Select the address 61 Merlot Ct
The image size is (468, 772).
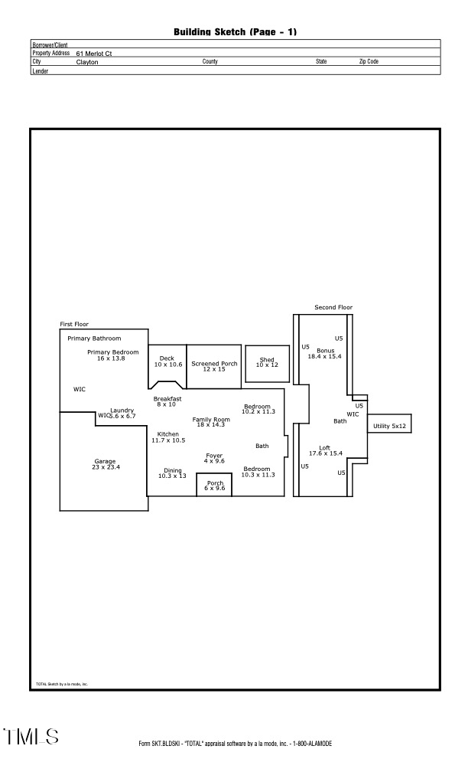[94, 54]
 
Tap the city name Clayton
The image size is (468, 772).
[87, 62]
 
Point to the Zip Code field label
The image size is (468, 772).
[369, 61]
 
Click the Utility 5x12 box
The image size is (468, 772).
[389, 426]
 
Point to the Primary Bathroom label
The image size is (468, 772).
[94, 338]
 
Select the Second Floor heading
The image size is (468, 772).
[333, 307]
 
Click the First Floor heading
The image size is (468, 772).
[74, 324]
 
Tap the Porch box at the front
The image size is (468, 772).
[215, 486]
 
